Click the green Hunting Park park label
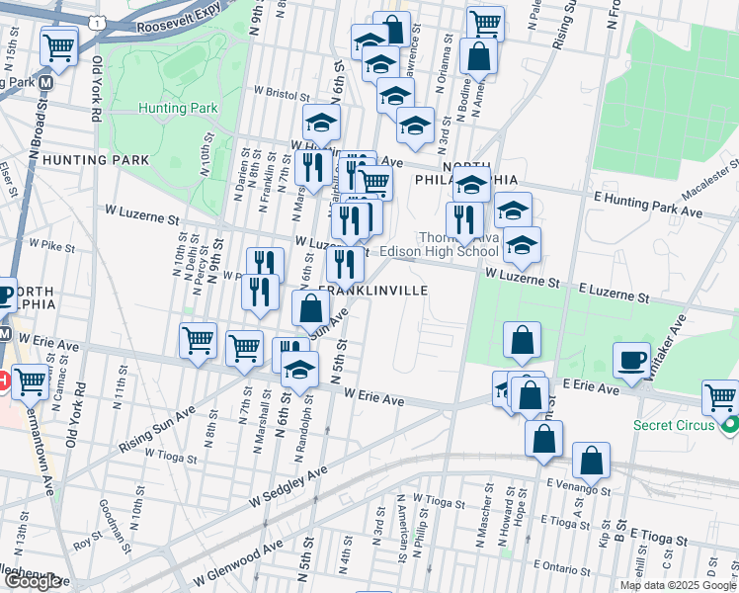point(179,108)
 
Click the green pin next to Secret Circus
point(730,427)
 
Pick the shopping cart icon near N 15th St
point(59,44)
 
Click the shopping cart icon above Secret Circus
point(720,397)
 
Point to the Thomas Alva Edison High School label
point(459,244)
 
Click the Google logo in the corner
point(33,581)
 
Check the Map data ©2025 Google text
point(676,585)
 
